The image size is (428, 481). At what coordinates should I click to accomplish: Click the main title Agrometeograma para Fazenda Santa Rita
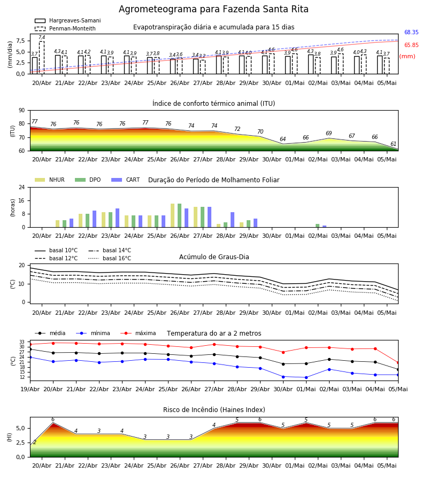(x=213, y=9)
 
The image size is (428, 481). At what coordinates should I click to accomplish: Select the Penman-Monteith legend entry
(x=65, y=28)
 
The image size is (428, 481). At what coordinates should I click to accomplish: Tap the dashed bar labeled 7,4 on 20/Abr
(x=42, y=57)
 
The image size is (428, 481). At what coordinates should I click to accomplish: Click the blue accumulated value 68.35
(x=411, y=32)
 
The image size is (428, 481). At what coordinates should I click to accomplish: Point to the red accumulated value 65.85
(x=411, y=45)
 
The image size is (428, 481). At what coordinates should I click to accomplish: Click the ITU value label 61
(x=393, y=144)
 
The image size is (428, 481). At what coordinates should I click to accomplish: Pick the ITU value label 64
(x=283, y=139)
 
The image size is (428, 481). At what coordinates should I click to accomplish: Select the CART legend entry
(x=126, y=180)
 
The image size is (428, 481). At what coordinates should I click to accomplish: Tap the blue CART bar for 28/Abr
(x=232, y=220)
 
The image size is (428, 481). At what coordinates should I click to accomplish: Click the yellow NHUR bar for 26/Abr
(x=173, y=215)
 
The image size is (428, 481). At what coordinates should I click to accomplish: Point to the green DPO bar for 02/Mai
(x=317, y=226)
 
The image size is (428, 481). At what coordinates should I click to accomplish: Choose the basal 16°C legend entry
(x=110, y=258)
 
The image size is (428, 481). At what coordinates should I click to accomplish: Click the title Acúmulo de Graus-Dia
(x=214, y=257)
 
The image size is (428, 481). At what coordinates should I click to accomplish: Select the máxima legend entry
(x=138, y=333)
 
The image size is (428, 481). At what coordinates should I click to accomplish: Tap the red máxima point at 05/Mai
(x=398, y=362)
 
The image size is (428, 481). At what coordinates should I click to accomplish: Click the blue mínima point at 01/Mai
(x=307, y=378)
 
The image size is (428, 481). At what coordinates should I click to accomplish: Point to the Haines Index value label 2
(x=35, y=442)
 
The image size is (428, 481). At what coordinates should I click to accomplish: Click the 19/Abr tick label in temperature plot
(x=30, y=389)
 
